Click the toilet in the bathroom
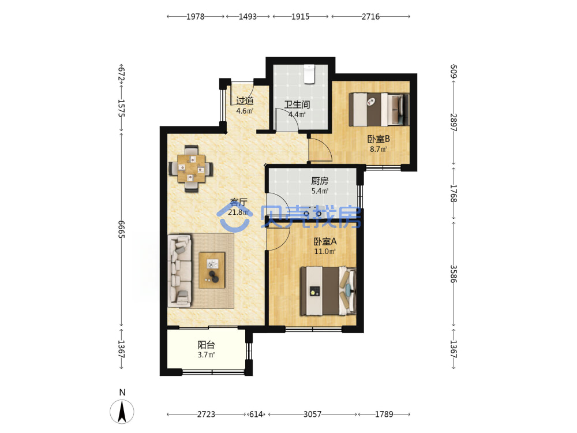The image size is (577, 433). (309, 74)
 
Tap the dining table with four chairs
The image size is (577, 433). (191, 169)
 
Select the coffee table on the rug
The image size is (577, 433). (212, 270)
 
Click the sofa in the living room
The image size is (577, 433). (179, 271)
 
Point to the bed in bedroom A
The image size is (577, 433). (328, 291)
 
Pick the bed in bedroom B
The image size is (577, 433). (379, 109)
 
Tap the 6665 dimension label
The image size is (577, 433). (122, 229)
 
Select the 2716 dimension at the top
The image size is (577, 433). (370, 17)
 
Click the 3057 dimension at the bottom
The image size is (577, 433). (312, 414)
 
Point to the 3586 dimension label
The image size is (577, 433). (454, 274)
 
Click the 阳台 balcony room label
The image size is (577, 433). (206, 345)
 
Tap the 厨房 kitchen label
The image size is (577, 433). (320, 181)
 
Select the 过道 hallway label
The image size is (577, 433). (245, 100)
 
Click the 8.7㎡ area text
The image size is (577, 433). (379, 149)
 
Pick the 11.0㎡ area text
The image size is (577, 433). (324, 252)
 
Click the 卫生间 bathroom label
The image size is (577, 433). (297, 104)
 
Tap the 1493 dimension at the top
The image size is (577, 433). (248, 17)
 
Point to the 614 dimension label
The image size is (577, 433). (256, 414)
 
